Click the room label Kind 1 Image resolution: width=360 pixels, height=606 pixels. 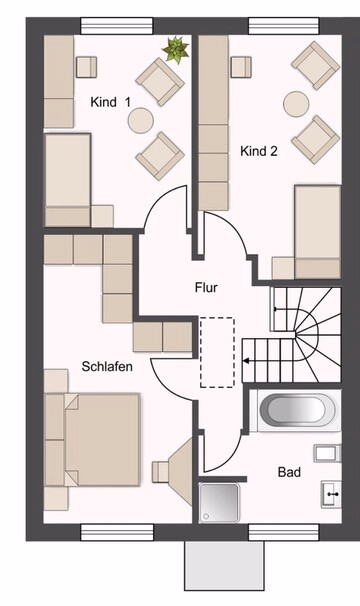click(x=110, y=102)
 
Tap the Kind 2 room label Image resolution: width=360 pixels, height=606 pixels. click(x=259, y=151)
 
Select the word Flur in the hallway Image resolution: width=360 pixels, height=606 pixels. click(x=206, y=288)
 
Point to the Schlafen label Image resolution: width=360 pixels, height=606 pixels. click(x=107, y=366)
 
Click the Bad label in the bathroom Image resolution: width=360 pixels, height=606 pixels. click(x=289, y=472)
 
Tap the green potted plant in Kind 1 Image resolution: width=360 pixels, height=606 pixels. click(x=176, y=49)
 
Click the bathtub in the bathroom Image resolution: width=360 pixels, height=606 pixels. click(x=297, y=410)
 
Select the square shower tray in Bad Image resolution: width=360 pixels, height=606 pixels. click(x=219, y=502)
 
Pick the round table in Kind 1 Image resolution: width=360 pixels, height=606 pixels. click(x=141, y=121)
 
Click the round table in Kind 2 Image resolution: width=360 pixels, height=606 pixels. click(x=296, y=104)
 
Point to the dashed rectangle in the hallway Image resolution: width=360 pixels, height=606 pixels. click(x=217, y=352)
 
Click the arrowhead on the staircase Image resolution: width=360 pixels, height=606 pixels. click(x=246, y=361)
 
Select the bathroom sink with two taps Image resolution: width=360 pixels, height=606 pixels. click(x=331, y=494)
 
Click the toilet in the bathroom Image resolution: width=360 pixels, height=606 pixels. click(x=328, y=453)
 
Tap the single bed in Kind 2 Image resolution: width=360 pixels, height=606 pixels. click(x=318, y=232)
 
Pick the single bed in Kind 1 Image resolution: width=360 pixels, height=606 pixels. click(x=68, y=180)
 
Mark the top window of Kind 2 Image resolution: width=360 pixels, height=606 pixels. click(x=284, y=26)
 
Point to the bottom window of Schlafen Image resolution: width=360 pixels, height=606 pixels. click(x=117, y=532)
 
